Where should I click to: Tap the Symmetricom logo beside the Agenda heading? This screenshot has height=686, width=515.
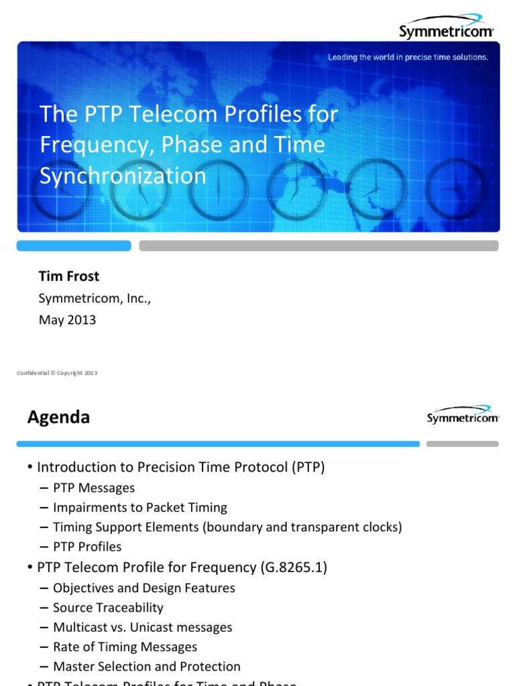tap(462, 415)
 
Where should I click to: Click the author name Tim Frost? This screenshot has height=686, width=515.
tap(69, 276)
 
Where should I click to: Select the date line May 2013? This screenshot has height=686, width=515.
tap(67, 320)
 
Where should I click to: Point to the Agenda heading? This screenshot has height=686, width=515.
tap(58, 417)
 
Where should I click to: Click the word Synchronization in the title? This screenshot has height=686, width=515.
tap(123, 176)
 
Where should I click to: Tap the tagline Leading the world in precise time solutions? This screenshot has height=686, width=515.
tap(408, 58)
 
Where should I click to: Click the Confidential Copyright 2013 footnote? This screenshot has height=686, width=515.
tap(57, 373)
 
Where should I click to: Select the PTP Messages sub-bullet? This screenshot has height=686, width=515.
tap(94, 488)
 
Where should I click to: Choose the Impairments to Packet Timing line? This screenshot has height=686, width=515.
tap(140, 507)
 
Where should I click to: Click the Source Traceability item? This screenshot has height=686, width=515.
tap(108, 608)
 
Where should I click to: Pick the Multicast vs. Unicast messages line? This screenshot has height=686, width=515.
tap(142, 627)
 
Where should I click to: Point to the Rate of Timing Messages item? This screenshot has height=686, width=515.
tap(125, 646)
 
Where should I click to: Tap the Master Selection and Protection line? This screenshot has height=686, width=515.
tap(146, 667)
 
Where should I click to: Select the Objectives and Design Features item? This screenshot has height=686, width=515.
tap(144, 588)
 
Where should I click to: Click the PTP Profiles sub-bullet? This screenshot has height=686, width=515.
tap(87, 547)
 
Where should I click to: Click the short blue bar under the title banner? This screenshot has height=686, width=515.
tap(74, 246)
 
